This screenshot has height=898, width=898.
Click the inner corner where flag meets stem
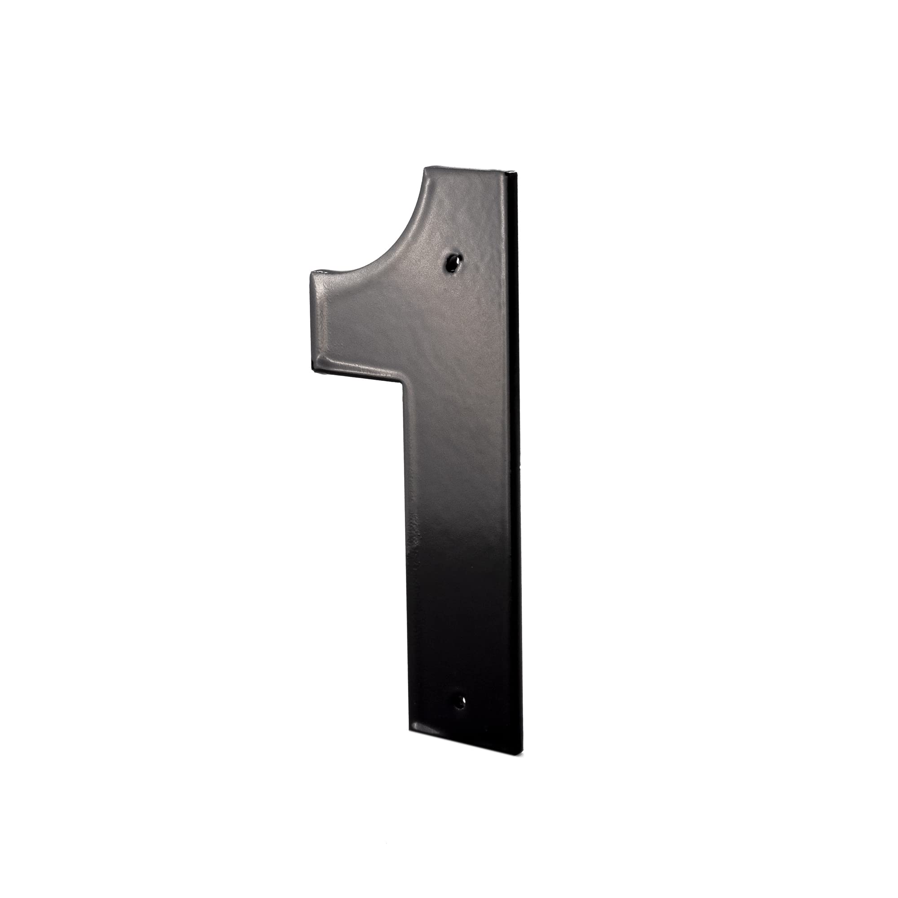point(401,376)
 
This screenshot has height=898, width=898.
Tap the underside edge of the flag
point(356,372)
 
